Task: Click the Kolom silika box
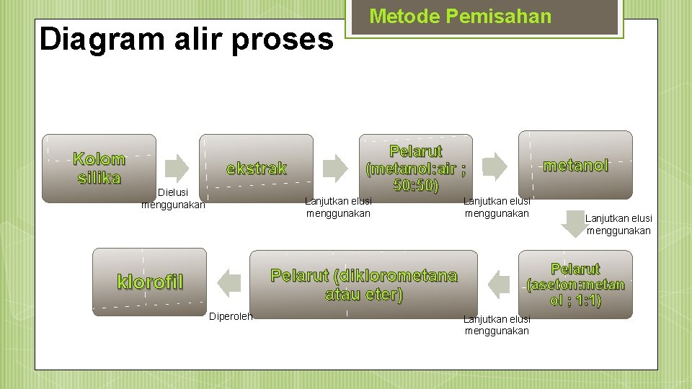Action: [x=99, y=168]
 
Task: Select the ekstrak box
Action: [x=256, y=168]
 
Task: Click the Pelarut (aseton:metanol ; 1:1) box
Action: [x=575, y=284]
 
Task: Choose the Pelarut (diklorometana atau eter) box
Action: [x=363, y=284]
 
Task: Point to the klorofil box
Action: [x=149, y=282]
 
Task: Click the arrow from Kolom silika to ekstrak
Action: [x=177, y=166]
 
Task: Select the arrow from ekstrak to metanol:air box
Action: [x=335, y=166]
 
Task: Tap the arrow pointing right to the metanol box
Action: [x=494, y=166]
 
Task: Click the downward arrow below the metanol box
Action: [x=575, y=223]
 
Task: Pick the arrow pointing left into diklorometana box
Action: [x=499, y=283]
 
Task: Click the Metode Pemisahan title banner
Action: [x=460, y=17]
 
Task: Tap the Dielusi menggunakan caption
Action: [x=173, y=199]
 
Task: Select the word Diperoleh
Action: [x=231, y=316]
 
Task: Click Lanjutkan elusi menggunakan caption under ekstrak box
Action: [x=338, y=207]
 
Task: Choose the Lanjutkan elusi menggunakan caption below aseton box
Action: [x=497, y=325]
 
